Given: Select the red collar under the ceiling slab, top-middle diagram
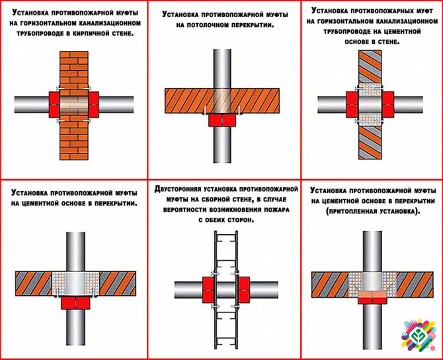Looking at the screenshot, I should coord(221,120).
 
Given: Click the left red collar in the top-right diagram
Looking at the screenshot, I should coord(350,103).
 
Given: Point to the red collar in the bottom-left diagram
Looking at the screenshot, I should coord(77,302).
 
